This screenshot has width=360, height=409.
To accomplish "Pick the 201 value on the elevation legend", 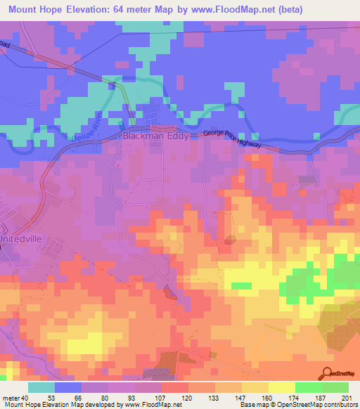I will tap(346, 397).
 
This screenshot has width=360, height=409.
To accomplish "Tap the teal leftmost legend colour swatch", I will tap(41, 387).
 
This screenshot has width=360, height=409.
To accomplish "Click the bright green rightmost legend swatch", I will tap(335, 387).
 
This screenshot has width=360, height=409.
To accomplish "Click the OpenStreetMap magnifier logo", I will tap(328, 374).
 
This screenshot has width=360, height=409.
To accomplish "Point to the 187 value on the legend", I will tap(320, 397).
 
